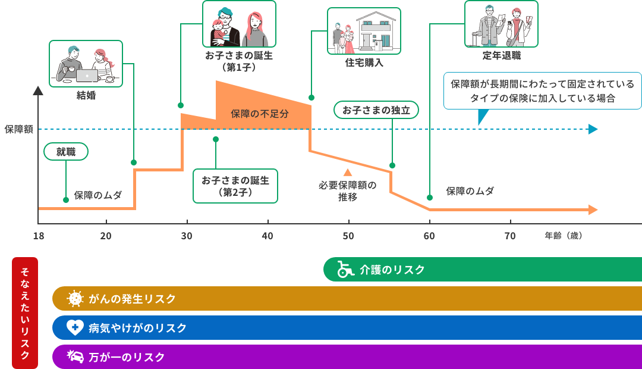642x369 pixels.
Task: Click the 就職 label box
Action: pyautogui.click(x=66, y=152)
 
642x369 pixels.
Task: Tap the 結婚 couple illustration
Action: pyautogui.click(x=86, y=64)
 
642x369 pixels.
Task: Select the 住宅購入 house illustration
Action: pyautogui.click(x=364, y=31)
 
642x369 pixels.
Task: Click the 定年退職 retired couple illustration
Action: pyautogui.click(x=501, y=24)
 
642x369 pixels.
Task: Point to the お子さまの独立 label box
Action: pyautogui.click(x=376, y=110)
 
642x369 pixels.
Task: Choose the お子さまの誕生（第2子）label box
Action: pyautogui.click(x=235, y=186)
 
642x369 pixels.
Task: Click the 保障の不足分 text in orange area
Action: pyautogui.click(x=260, y=114)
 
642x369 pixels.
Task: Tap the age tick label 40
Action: pyautogui.click(x=267, y=236)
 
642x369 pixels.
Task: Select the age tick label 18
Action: pyautogui.click(x=39, y=236)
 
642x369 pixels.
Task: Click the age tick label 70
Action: pyautogui.click(x=510, y=236)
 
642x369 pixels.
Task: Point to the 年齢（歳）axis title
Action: pyautogui.click(x=563, y=236)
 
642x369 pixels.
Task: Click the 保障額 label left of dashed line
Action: pyautogui.click(x=18, y=129)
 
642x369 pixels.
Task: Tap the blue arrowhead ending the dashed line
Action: pyautogui.click(x=593, y=129)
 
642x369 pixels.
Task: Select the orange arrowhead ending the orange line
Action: pyautogui.click(x=593, y=209)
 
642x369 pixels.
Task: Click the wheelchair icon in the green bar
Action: pyautogui.click(x=345, y=270)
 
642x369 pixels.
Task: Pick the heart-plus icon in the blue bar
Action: pyautogui.click(x=74, y=327)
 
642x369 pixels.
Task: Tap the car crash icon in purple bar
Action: pyautogui.click(x=75, y=357)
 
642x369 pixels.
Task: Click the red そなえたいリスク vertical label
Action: pyautogui.click(x=25, y=313)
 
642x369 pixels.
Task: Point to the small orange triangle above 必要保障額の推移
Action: pyautogui.click(x=348, y=173)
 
